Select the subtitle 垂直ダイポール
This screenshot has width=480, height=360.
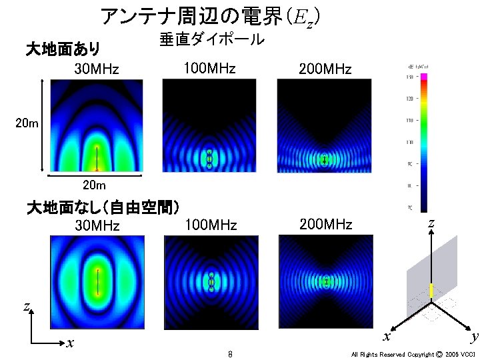212,40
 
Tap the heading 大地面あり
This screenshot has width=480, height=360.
63,49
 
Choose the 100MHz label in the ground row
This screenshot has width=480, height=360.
209,68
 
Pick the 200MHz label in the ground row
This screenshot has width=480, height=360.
325,69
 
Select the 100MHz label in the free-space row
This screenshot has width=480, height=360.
210,225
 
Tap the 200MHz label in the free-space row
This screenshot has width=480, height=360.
325,224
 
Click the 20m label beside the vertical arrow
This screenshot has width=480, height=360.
27,123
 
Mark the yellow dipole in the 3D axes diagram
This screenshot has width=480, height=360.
431,291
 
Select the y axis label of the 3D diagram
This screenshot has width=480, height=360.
473,337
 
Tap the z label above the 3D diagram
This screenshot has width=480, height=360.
431,224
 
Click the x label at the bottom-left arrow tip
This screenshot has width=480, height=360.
69,343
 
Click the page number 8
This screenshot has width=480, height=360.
229,354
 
